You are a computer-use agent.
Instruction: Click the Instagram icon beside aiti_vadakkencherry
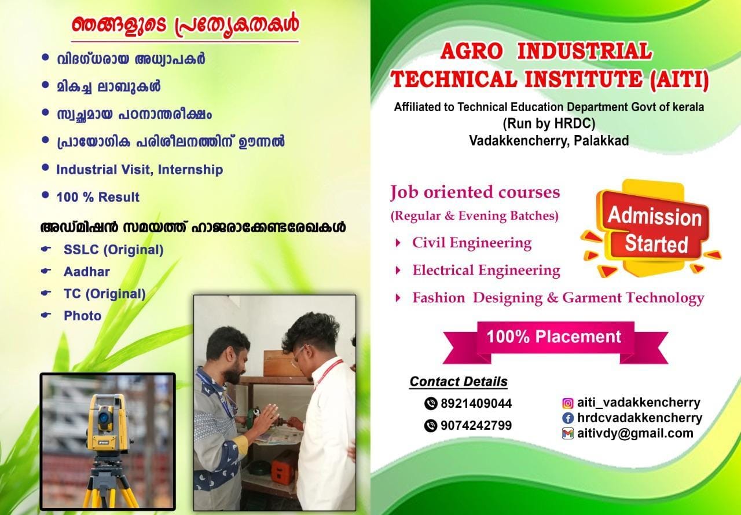[568, 403]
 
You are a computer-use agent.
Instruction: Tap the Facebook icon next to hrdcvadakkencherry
[568, 418]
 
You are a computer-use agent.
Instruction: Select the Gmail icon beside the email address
[568, 433]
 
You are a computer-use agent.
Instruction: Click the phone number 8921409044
[476, 403]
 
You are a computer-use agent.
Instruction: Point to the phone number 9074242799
[476, 425]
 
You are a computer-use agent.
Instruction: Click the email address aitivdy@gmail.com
[635, 433]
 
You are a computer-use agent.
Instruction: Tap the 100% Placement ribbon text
[554, 337]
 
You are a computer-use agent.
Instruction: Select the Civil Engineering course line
[472, 243]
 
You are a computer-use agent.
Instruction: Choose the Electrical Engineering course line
[486, 270]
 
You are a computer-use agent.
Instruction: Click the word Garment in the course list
[592, 298]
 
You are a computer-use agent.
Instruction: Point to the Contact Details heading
[458, 382]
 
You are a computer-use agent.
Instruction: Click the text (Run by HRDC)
[549, 124]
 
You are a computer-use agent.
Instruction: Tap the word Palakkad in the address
[601, 141]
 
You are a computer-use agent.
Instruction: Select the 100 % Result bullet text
[98, 197]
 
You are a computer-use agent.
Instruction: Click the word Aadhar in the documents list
[87, 272]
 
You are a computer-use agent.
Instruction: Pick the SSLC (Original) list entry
[113, 250]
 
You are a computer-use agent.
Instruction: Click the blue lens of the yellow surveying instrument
[104, 417]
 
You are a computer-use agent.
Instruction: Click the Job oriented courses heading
[475, 192]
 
